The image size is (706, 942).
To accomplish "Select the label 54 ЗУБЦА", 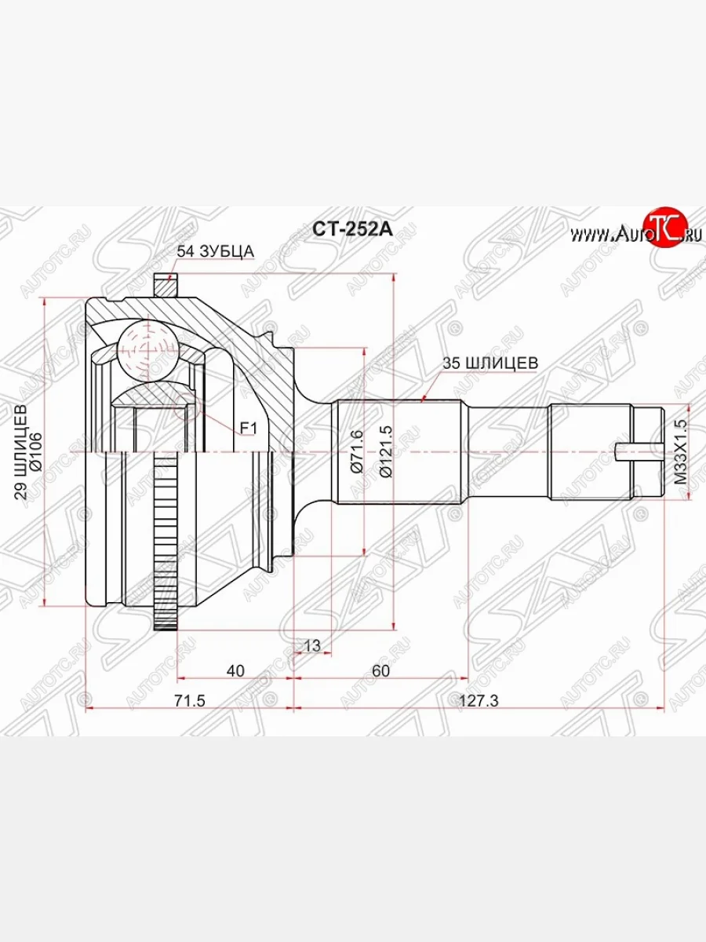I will (215, 251).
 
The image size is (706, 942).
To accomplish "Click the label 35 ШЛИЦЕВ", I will (490, 363).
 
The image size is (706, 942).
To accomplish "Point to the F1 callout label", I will (249, 428).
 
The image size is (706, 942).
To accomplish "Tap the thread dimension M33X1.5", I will (680, 451).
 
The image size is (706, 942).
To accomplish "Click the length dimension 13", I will (311, 645).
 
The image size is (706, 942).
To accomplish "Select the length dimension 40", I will (235, 670).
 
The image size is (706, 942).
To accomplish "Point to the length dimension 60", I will (381, 670).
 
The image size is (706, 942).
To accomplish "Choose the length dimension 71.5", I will (189, 701).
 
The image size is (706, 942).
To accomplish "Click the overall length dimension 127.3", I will (479, 701).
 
